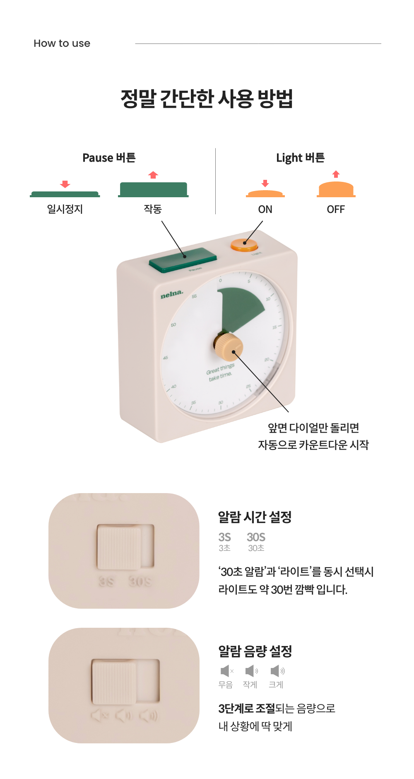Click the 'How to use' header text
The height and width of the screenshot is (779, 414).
click(62, 43)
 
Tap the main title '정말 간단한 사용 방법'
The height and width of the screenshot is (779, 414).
click(207, 99)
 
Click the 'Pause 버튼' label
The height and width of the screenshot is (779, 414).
click(109, 158)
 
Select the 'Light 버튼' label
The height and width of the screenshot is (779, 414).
click(300, 158)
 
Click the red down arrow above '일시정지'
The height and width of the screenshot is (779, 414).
click(65, 184)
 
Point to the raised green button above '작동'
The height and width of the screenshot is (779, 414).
click(153, 189)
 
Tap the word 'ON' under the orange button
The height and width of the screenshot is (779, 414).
click(265, 209)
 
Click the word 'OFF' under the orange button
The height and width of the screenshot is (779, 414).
click(336, 209)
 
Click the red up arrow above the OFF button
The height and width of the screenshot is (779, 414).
click(336, 174)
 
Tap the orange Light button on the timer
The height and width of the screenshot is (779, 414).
click(244, 245)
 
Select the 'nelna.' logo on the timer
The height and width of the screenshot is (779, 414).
click(172, 294)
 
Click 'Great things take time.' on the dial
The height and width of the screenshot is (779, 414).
click(220, 372)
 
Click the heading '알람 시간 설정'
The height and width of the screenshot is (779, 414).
click(255, 517)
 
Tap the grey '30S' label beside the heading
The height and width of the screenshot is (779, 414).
click(256, 537)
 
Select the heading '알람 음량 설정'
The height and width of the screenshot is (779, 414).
click(255, 651)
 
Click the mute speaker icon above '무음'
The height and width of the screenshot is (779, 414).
click(227, 671)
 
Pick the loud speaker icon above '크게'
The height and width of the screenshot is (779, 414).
click(277, 671)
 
